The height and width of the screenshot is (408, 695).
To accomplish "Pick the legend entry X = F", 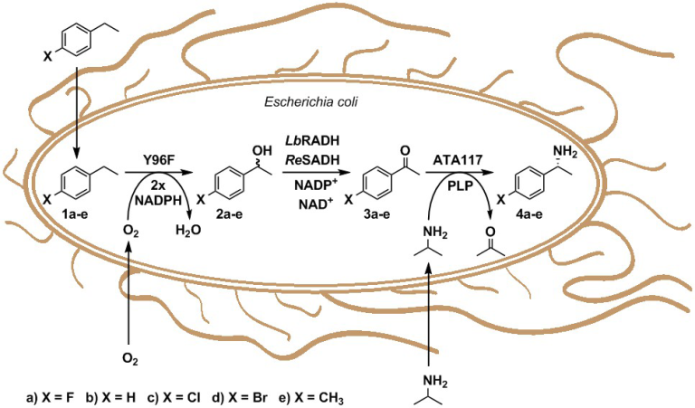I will coord(46,396).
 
